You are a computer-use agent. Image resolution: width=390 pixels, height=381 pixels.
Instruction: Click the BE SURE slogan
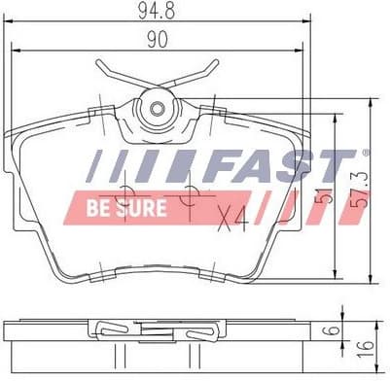126,209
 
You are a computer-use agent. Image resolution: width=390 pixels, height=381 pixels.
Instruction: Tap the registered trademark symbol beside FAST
366,153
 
